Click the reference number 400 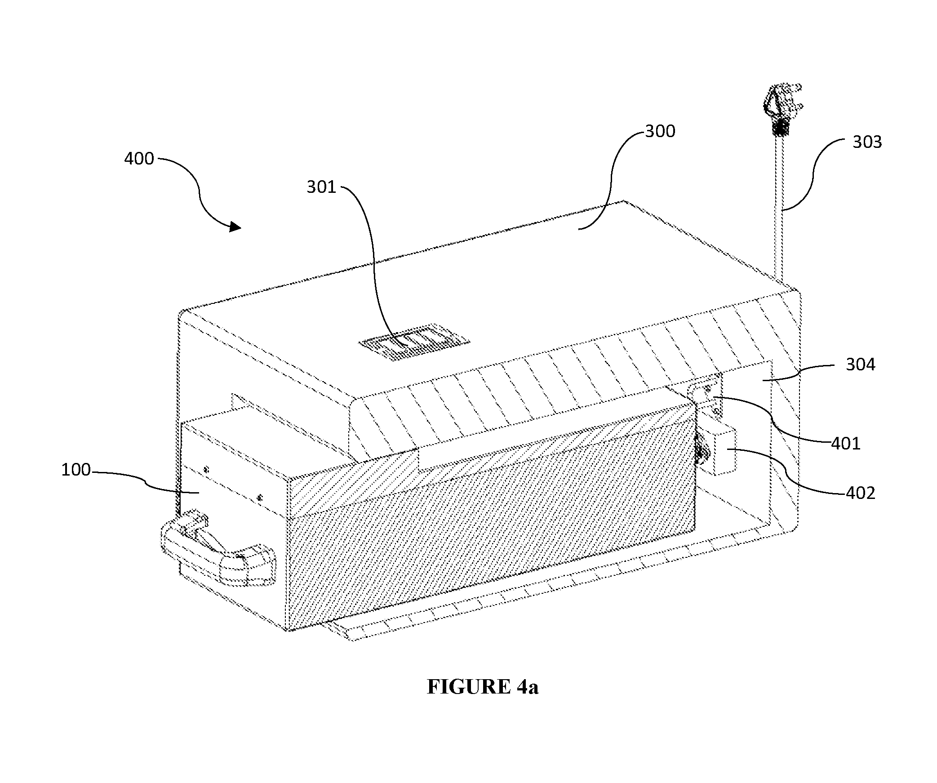(x=139, y=159)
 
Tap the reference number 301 (x=321, y=187)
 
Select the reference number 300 (x=660, y=131)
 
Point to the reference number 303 (x=867, y=142)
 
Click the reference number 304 (x=861, y=365)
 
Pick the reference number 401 (x=846, y=444)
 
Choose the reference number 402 (x=861, y=493)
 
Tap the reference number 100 (x=76, y=470)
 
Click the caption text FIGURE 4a (x=483, y=687)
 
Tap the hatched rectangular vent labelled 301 (x=414, y=342)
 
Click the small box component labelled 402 (x=718, y=451)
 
